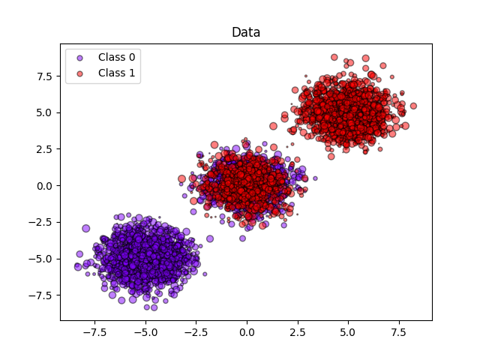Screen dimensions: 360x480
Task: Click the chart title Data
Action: click(x=246, y=32)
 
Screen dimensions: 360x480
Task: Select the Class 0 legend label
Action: click(x=116, y=57)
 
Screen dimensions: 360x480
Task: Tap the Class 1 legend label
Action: click(x=116, y=73)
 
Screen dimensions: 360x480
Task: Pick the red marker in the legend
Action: click(x=81, y=73)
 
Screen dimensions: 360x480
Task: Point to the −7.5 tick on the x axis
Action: click(x=94, y=330)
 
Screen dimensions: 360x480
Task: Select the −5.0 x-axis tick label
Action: click(x=145, y=330)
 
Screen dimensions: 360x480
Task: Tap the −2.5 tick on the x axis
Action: click(x=196, y=330)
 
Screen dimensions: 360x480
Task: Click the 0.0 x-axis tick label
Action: click(x=247, y=330)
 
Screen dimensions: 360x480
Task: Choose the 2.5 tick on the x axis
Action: click(x=297, y=330)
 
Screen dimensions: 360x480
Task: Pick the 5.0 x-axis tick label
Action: click(x=348, y=330)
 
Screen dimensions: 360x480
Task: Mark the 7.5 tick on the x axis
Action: click(x=399, y=330)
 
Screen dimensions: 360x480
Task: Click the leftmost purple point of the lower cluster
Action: click(x=77, y=266)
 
